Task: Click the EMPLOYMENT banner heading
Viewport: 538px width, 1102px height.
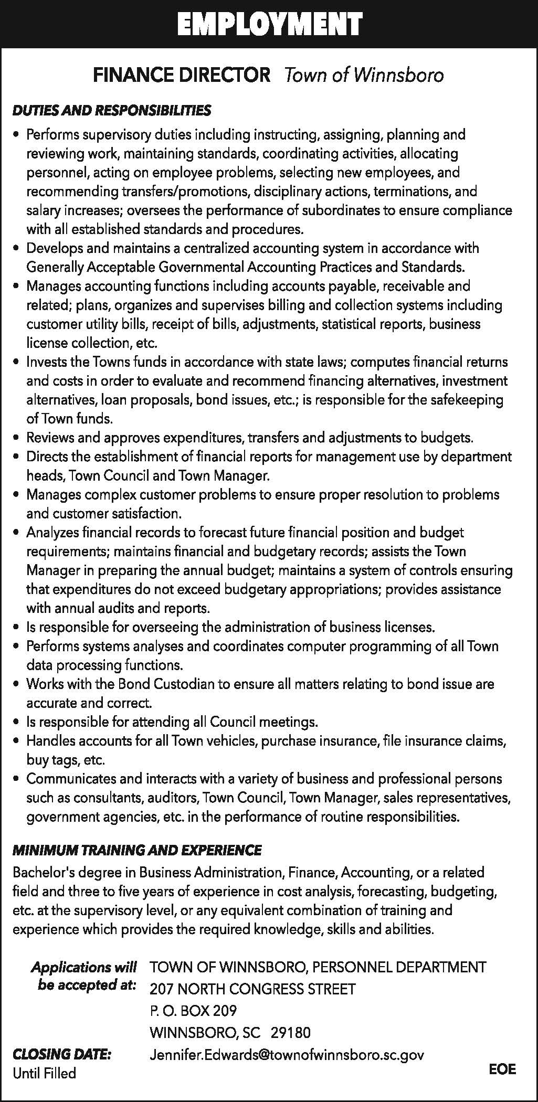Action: [x=269, y=24]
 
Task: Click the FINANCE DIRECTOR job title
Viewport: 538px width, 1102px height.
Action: [x=182, y=75]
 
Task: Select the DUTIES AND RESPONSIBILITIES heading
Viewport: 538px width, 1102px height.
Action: [x=112, y=110]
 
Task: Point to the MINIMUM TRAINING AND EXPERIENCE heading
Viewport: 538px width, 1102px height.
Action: [x=137, y=850]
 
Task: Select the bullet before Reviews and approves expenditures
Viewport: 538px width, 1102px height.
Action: [x=17, y=438]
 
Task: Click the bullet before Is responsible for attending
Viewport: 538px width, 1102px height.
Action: [x=17, y=723]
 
